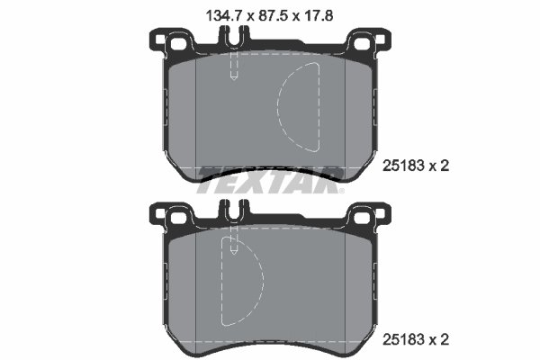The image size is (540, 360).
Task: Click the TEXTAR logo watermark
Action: pyautogui.click(x=270, y=179)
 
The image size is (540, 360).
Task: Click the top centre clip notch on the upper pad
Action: pyautogui.click(x=233, y=38)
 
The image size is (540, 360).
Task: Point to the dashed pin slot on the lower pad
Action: pyautogui.click(x=233, y=240)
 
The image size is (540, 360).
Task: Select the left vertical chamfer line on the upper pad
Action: pyautogui.click(x=196, y=117)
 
